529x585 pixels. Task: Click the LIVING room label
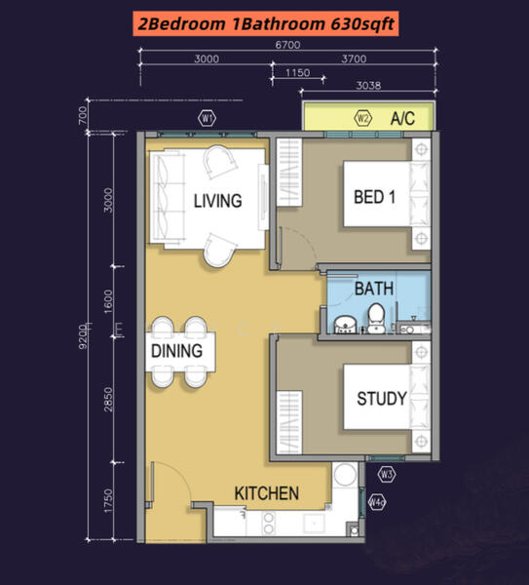217,201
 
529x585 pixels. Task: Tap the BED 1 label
374,197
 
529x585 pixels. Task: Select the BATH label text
374,289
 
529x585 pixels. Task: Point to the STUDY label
382,399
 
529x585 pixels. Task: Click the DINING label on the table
176,351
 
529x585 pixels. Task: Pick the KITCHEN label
267,493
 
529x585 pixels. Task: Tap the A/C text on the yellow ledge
402,119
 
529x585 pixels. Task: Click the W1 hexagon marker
207,119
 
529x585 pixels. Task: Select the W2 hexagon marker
362,119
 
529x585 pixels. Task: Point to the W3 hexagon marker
387,475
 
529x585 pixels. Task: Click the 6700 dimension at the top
287,45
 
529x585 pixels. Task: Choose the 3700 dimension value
354,58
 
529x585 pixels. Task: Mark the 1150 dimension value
298,72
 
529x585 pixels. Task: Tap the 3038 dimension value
368,86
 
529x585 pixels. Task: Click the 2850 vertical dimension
108,400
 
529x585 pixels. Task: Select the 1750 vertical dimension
108,501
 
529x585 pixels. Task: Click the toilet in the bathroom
376,318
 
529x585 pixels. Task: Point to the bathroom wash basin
346,325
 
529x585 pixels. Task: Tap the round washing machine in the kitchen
345,474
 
